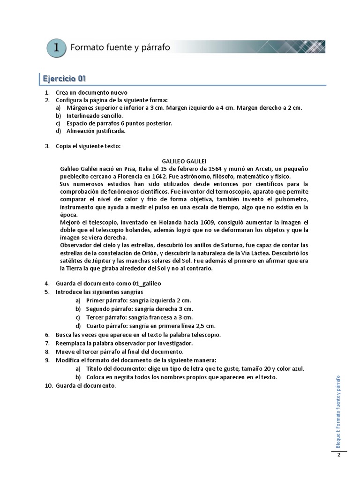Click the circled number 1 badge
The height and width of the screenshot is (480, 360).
pos(56,48)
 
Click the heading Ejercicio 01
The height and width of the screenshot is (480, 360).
pos(64,78)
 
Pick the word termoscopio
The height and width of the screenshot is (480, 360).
pos(237,192)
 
